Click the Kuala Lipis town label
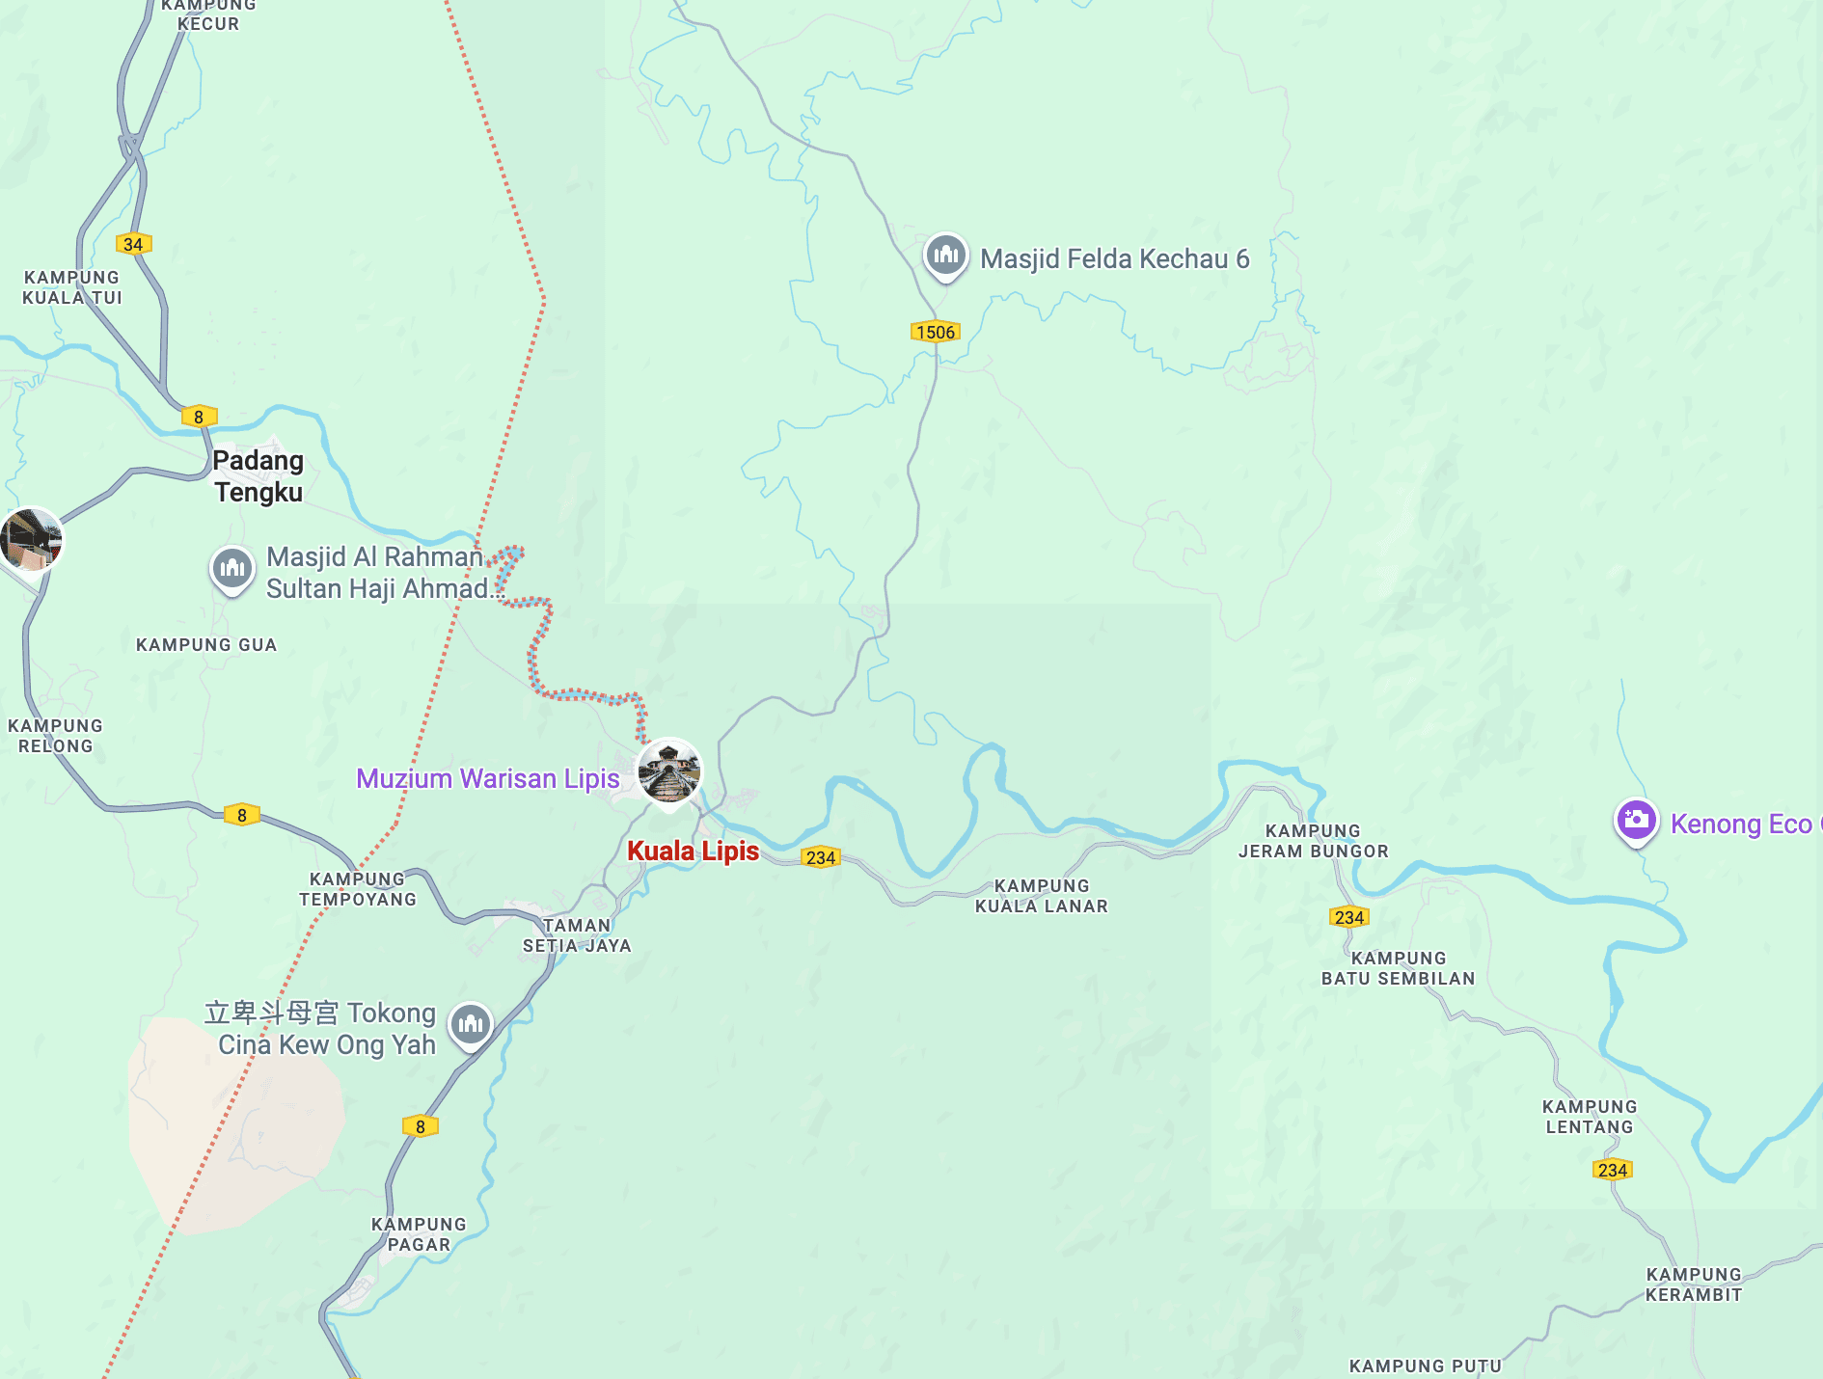(x=693, y=852)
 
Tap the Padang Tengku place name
(x=258, y=476)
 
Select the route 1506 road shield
(x=935, y=333)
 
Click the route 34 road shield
(x=133, y=244)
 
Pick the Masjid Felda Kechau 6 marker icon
(x=945, y=256)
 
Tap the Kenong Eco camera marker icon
(x=1636, y=821)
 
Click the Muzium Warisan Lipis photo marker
(x=669, y=771)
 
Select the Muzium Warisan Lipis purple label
(x=487, y=779)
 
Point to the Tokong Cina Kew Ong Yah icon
(x=471, y=1024)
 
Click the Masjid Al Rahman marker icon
(x=231, y=569)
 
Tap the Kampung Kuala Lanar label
(x=1041, y=896)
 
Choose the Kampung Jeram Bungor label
(x=1313, y=841)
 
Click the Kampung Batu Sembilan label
(x=1398, y=968)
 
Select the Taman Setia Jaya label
(x=577, y=935)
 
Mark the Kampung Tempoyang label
(x=357, y=889)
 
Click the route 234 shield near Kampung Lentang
(x=1612, y=1170)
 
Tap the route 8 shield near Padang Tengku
(x=199, y=417)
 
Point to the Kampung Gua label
(x=206, y=645)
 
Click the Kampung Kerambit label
(x=1693, y=1284)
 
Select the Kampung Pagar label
(x=419, y=1234)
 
